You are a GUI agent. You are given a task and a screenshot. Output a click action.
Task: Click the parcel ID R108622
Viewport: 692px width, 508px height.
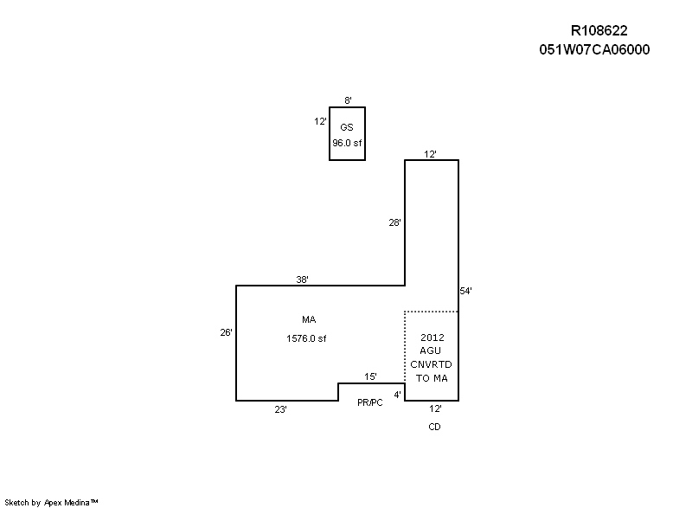599,30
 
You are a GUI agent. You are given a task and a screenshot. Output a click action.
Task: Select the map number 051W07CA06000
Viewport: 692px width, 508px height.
594,49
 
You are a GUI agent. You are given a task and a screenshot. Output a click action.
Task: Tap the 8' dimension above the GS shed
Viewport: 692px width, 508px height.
348,100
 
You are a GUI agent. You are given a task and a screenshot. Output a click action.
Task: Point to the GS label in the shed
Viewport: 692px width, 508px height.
347,127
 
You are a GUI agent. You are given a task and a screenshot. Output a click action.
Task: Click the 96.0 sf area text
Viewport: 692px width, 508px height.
347,143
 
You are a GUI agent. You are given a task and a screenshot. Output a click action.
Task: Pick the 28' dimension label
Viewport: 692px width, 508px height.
394,222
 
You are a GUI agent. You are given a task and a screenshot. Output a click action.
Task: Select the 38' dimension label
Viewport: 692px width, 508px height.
302,280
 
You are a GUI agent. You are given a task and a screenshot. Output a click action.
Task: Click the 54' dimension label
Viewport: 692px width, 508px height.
465,291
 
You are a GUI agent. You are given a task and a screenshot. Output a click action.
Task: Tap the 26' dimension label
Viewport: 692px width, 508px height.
226,332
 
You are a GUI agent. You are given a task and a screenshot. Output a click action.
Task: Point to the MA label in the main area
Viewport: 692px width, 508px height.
309,319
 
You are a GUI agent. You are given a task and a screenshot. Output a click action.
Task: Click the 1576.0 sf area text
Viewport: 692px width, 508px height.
306,338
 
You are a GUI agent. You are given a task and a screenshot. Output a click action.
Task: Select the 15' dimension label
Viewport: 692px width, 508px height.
370,376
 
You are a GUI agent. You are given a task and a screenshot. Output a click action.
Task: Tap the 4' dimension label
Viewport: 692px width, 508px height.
398,395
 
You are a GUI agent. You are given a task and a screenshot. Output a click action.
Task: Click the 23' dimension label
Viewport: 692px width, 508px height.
280,409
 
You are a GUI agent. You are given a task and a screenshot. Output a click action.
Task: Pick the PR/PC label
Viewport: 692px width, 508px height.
370,402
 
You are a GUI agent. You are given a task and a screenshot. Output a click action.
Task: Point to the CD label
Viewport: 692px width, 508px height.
435,427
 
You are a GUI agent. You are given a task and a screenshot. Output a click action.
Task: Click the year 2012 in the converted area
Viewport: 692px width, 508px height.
432,338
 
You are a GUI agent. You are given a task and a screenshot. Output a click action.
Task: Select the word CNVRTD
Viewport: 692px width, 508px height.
431,364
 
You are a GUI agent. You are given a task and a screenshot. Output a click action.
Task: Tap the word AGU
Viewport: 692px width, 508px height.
430,350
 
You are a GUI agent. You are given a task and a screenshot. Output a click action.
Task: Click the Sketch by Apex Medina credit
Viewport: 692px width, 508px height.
51,502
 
